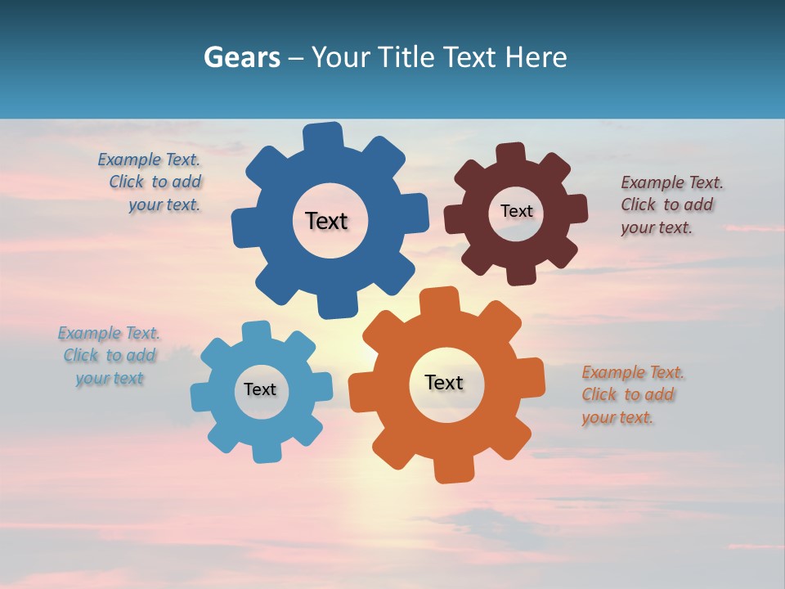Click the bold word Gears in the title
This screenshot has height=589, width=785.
(x=241, y=57)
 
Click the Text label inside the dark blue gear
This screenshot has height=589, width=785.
(x=326, y=221)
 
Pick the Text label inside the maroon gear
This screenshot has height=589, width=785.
(x=516, y=211)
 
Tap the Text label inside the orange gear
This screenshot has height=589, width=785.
(x=444, y=382)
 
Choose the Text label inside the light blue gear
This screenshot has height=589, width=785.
(x=260, y=389)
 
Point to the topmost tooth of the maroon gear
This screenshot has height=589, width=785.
(x=511, y=153)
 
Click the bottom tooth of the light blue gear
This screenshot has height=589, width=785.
(x=264, y=452)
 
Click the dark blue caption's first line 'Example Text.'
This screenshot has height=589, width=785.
(x=149, y=160)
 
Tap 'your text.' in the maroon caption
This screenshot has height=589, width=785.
(x=656, y=228)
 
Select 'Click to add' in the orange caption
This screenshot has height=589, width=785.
(x=628, y=394)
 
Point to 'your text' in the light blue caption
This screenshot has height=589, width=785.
(x=110, y=378)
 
